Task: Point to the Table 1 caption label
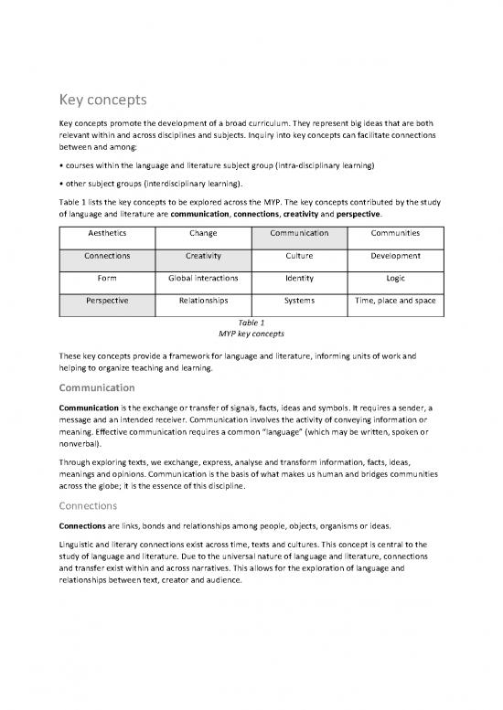pos(251,323)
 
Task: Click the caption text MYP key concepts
pos(251,334)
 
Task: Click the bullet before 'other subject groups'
pos(61,184)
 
